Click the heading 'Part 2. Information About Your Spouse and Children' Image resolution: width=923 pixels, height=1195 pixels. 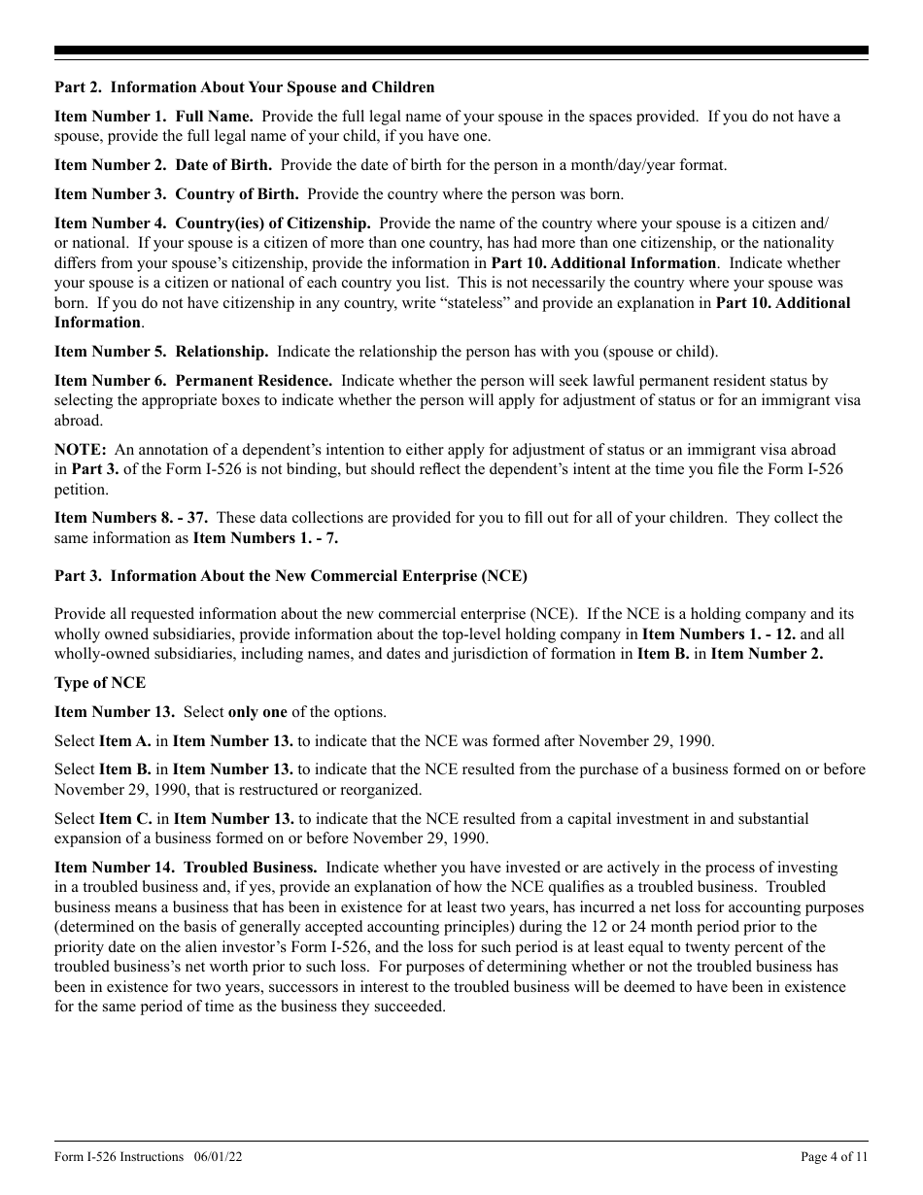(x=244, y=88)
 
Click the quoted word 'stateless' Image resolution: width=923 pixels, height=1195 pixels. (x=528, y=303)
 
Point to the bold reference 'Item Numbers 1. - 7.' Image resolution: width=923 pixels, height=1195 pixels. (x=265, y=537)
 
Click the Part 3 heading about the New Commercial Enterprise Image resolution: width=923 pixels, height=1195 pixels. (x=291, y=576)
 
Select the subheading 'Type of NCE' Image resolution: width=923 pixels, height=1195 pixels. (x=100, y=683)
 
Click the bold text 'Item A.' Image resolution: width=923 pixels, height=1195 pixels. (x=125, y=741)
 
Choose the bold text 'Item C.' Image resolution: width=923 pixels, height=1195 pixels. (x=125, y=819)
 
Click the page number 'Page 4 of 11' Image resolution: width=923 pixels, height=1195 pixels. (x=834, y=1157)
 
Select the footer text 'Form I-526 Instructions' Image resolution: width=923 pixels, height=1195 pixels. (x=119, y=1157)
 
